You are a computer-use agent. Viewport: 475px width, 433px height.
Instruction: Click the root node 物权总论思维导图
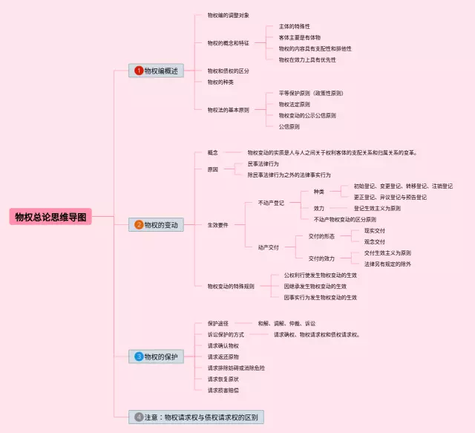point(51,217)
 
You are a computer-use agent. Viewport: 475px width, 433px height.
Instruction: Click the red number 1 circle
point(138,71)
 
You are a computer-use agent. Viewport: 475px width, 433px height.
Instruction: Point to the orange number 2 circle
point(138,224)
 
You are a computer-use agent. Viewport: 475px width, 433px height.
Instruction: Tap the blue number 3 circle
point(138,357)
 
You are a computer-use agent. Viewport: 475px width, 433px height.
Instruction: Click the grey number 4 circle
point(138,417)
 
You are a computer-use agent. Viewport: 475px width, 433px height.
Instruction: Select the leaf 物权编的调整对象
point(228,15)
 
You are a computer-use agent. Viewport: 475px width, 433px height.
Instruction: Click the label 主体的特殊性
point(295,26)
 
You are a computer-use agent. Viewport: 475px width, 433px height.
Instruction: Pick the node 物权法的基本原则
point(228,110)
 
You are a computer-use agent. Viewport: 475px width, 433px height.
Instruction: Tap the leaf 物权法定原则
point(295,105)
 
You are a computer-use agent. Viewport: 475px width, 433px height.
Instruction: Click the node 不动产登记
point(271,202)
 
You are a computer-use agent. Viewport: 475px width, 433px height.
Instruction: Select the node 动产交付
point(269,247)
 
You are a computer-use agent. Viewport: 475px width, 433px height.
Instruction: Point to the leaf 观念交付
point(375,241)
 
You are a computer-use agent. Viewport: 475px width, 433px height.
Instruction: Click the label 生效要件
point(217,224)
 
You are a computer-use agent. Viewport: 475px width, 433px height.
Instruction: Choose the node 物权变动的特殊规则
point(231,286)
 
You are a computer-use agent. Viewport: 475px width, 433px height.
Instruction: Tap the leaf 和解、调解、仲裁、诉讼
point(286,324)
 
